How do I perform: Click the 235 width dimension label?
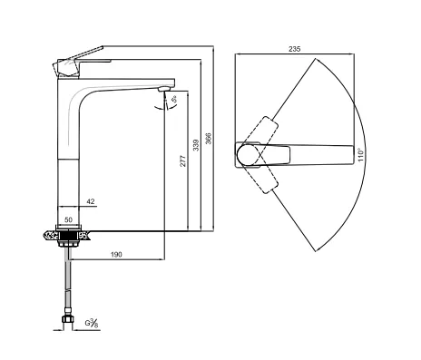click(294, 49)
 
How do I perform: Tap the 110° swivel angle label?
click(360, 154)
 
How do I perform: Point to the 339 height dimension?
click(196, 145)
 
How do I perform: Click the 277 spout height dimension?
click(183, 161)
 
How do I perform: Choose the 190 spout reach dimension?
click(116, 255)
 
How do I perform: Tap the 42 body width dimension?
click(91, 201)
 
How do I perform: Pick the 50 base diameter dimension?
click(69, 219)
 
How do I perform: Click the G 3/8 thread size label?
click(92, 323)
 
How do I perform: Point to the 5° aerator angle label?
click(174, 99)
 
